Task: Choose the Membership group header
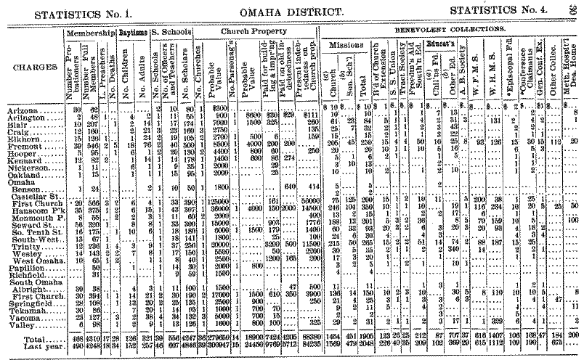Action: click(91, 33)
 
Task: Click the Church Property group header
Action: click(251, 33)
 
